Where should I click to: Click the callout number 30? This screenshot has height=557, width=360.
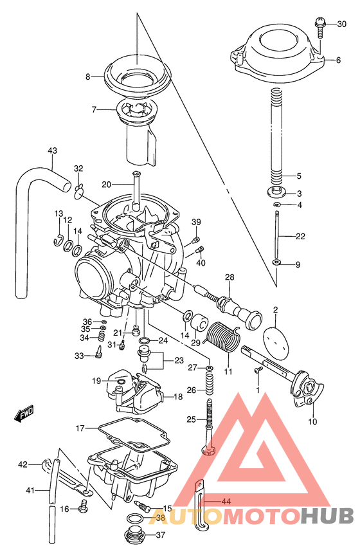coord(341,24)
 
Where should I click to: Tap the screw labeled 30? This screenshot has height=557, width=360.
coord(320,26)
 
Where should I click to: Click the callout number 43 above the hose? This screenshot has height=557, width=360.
coord(52,151)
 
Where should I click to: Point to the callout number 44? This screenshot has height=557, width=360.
coord(225,501)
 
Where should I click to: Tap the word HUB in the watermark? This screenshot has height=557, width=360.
coord(327,515)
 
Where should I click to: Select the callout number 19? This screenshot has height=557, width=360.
coord(96,381)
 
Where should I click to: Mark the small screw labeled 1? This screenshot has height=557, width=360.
coord(257,370)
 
